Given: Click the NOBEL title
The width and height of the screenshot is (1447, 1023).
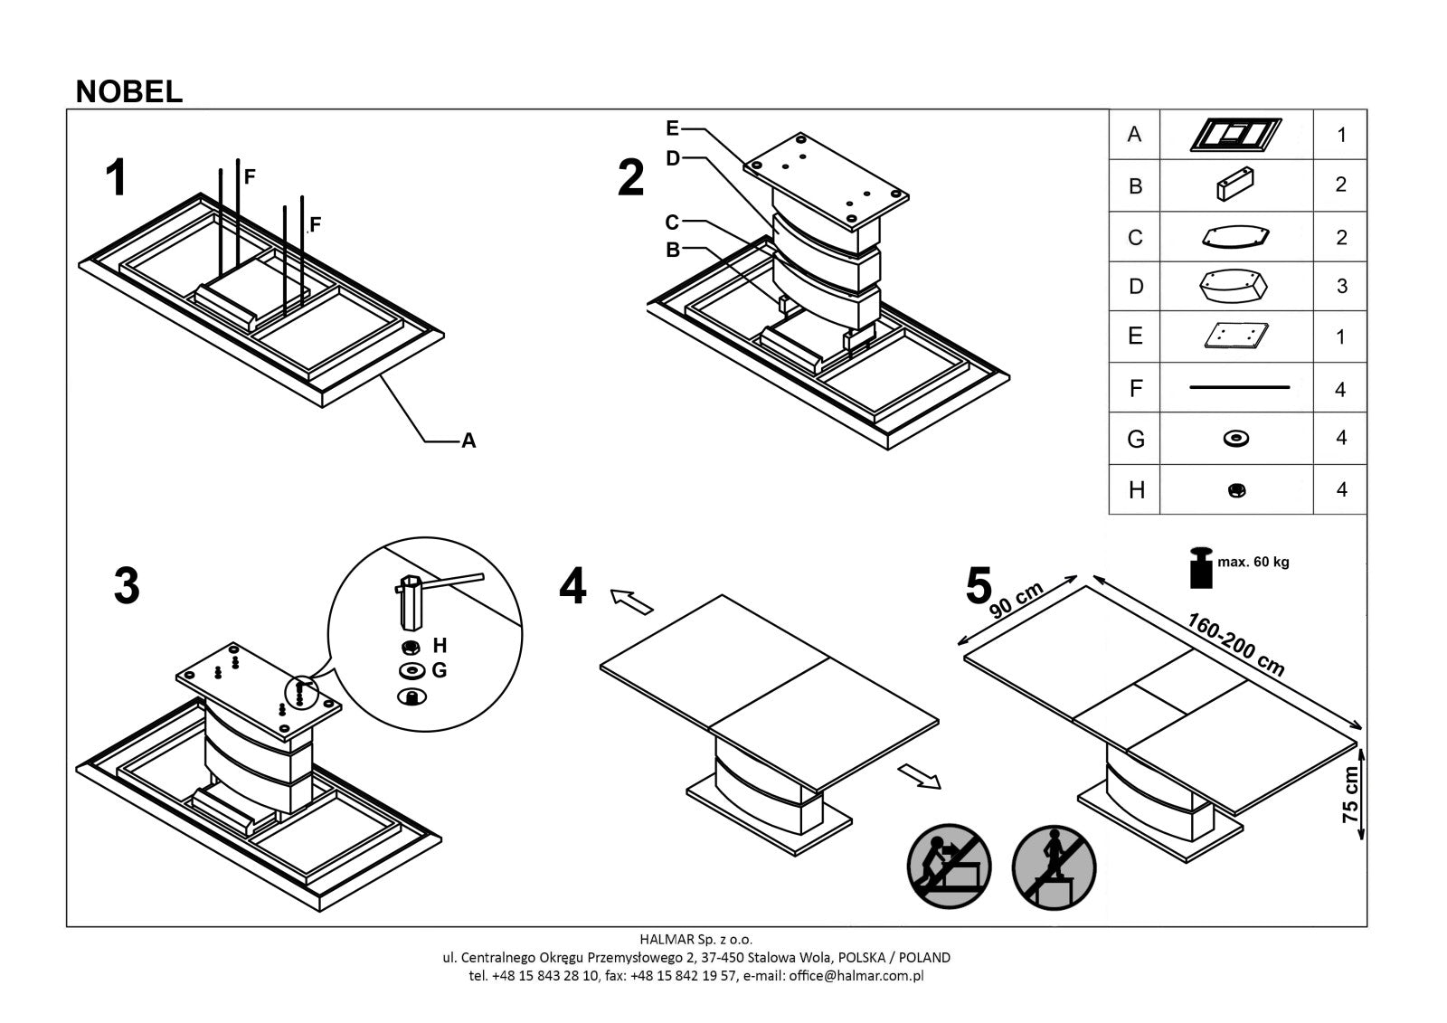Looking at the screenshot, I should [129, 91].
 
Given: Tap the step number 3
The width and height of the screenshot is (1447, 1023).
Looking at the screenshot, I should [127, 586].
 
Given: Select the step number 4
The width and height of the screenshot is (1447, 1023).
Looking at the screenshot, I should [572, 586].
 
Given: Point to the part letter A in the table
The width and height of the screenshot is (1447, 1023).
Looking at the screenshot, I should [1134, 135].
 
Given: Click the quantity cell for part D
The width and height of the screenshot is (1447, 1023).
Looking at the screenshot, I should [1340, 287].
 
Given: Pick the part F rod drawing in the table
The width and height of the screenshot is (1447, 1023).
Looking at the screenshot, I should [1238, 388].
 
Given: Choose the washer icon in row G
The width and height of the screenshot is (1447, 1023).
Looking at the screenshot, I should [1235, 439].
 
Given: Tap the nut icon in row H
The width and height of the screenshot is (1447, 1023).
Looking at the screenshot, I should [1237, 490].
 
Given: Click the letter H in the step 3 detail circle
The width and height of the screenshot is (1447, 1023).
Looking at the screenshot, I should [440, 646].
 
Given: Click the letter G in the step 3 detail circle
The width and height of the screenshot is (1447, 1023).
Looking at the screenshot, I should [440, 670].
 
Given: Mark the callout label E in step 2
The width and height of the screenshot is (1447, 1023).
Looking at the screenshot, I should [672, 128].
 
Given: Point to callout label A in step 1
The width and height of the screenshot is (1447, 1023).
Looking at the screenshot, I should [468, 441].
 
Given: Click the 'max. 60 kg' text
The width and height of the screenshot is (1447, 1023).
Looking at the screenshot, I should [1253, 562].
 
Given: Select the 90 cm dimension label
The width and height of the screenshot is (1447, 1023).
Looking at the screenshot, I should [1016, 600].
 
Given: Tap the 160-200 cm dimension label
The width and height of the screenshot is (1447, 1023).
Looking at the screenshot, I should [1235, 645].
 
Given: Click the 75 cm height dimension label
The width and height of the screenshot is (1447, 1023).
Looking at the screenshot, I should [1350, 794].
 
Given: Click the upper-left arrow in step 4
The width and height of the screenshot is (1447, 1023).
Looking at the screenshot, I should [631, 600].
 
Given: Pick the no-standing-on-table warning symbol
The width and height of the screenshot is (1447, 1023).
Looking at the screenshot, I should [1054, 867].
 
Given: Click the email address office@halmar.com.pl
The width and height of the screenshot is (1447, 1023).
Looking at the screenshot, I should [856, 976].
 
